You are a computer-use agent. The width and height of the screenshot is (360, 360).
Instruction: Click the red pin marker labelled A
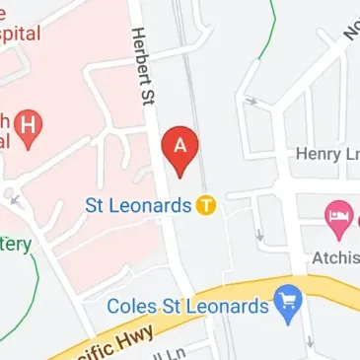[x=180, y=149]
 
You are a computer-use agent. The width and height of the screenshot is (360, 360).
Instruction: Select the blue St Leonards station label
[x=137, y=205]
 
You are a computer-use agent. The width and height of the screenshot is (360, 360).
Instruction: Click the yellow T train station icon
[x=205, y=205]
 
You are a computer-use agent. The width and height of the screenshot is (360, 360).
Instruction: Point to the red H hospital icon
[x=33, y=127]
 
